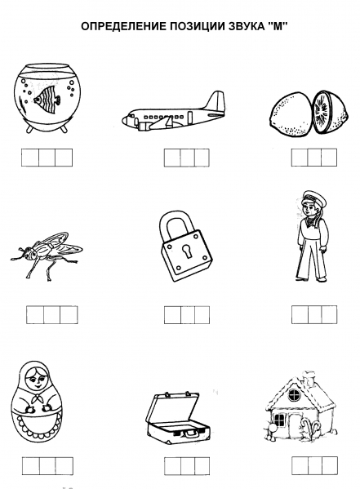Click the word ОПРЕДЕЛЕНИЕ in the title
click(x=124, y=26)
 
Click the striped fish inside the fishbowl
click(x=47, y=99)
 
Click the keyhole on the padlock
click(x=187, y=251)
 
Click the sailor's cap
click(x=313, y=198)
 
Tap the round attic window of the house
click(x=294, y=395)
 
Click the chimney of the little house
click(x=309, y=378)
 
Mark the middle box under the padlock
click(x=188, y=315)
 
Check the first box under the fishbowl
click(x=30, y=158)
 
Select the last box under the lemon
click(x=329, y=158)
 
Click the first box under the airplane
click(x=172, y=158)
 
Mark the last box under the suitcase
click(x=202, y=466)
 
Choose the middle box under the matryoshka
click(x=47, y=466)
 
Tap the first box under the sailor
click(x=300, y=315)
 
